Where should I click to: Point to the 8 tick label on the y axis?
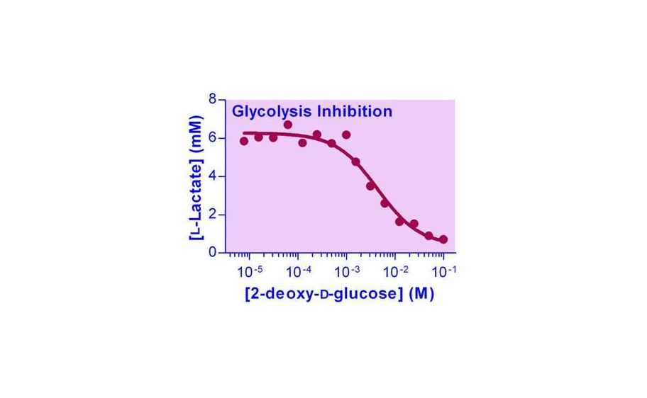coord(213,100)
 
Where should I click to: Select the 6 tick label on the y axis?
coord(213,138)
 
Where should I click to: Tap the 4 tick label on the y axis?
coord(213,176)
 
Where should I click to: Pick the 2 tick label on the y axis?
coord(213,215)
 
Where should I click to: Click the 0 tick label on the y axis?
coord(213,252)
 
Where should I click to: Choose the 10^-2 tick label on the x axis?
coord(395,270)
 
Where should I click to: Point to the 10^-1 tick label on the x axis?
coord(443,270)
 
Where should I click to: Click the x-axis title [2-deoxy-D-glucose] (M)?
coord(338,294)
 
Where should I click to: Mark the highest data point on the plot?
coord(288,125)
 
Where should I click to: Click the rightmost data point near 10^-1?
coord(443,240)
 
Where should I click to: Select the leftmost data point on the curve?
coord(244,141)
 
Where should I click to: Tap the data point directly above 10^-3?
coord(346,135)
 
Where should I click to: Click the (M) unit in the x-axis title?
coord(421,294)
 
